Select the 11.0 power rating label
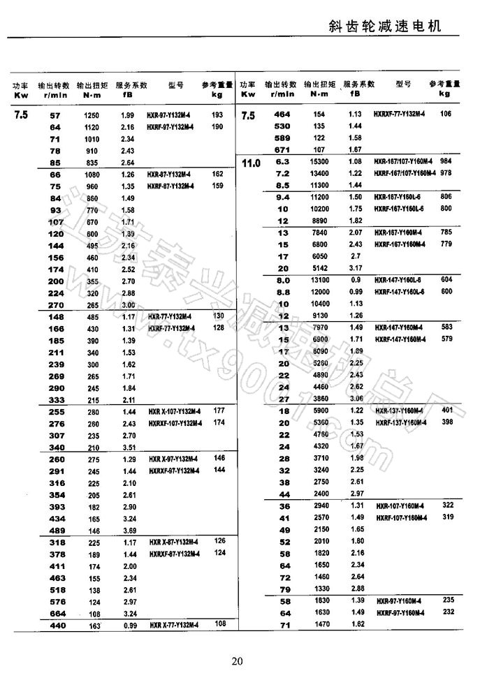coord(250,163)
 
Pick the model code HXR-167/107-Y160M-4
coord(405,161)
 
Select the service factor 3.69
coord(127,531)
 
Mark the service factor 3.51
coord(127,448)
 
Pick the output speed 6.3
coord(283,161)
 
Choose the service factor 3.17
coord(355,267)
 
